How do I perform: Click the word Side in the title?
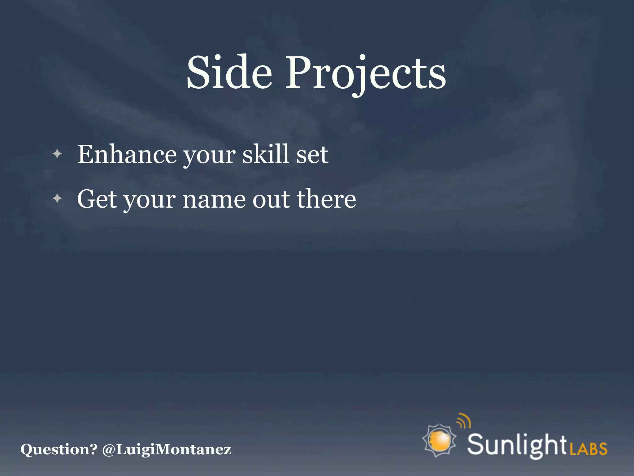click(x=229, y=73)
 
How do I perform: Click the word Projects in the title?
click(x=366, y=74)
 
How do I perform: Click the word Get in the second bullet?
click(x=97, y=199)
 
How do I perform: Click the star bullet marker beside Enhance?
click(x=57, y=154)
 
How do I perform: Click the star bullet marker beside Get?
click(x=57, y=198)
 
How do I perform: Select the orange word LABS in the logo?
click(x=588, y=449)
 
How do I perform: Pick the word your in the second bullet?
click(x=150, y=201)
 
